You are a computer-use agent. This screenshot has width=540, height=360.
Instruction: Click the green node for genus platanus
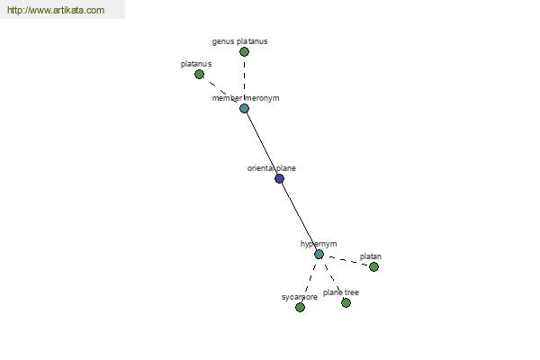(x=244, y=51)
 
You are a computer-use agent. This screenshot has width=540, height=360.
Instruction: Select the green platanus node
(x=199, y=74)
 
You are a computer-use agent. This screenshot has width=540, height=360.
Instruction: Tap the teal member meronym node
(x=244, y=109)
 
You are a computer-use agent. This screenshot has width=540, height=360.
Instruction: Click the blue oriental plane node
(x=279, y=178)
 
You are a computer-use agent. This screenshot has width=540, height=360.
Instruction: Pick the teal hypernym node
(x=319, y=254)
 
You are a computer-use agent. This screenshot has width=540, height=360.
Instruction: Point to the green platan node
(x=373, y=266)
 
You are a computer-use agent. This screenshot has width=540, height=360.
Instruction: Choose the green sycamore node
(x=300, y=307)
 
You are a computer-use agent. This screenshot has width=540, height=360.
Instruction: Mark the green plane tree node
(x=346, y=302)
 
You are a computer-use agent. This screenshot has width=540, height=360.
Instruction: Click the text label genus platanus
(x=239, y=41)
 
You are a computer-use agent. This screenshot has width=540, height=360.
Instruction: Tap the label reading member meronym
(x=246, y=98)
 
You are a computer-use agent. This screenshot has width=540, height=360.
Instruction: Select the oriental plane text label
(x=272, y=168)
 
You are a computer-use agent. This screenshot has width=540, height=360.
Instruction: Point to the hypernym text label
(x=319, y=244)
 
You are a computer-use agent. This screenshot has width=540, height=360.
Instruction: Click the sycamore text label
(x=300, y=297)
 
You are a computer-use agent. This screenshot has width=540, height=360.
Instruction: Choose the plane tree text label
(x=340, y=292)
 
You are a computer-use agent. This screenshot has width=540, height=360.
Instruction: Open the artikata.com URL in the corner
(x=56, y=10)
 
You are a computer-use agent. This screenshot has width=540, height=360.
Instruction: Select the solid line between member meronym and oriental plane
(x=262, y=143)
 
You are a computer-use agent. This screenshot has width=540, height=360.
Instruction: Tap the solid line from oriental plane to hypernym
(x=299, y=216)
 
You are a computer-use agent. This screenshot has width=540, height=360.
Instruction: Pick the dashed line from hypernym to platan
(x=346, y=260)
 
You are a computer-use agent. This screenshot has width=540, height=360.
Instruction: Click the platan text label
(x=371, y=256)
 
